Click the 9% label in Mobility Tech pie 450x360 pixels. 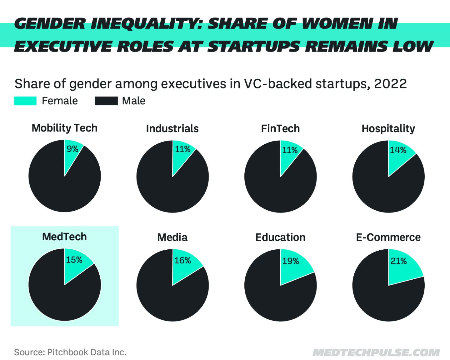pyautogui.click(x=72, y=149)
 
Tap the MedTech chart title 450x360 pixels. pyautogui.click(x=64, y=237)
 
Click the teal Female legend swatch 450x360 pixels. pyautogui.click(x=25, y=101)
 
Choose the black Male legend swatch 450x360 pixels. pyautogui.click(x=106, y=101)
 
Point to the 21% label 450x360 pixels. pyautogui.click(x=398, y=261)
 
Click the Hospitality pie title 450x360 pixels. pyautogui.click(x=388, y=128)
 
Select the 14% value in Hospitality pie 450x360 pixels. pyautogui.click(x=398, y=150)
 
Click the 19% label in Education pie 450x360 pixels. pyautogui.click(x=291, y=261)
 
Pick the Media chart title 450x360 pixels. pyautogui.click(x=172, y=237)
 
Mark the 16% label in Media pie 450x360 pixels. pyautogui.click(x=182, y=260)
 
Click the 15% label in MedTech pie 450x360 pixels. pyautogui.click(x=74, y=260)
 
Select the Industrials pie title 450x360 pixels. pyautogui.click(x=172, y=128)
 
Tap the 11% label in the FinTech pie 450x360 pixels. pyautogui.click(x=290, y=150)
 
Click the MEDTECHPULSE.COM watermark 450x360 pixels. pyautogui.click(x=376, y=352)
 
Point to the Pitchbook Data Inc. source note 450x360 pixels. pyautogui.click(x=70, y=352)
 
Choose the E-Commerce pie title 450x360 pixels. pyautogui.click(x=388, y=237)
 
